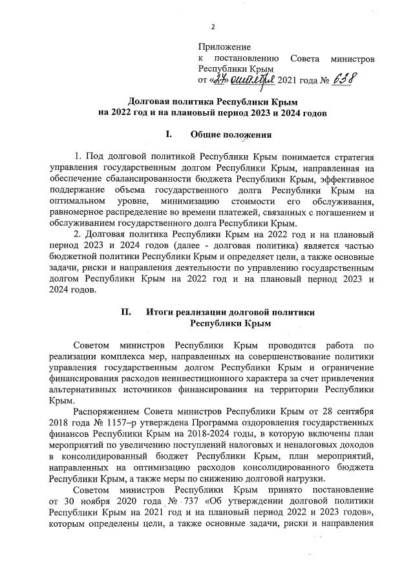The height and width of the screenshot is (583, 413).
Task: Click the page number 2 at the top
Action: click(211, 27)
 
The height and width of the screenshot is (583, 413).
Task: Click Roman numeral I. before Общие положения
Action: click(169, 134)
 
